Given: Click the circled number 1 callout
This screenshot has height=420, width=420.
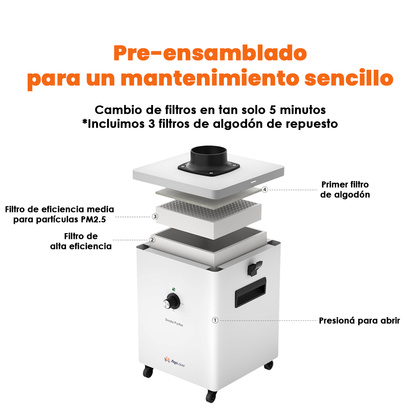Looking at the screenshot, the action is tap(215, 320).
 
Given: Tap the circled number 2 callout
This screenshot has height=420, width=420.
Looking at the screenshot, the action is tap(152, 240).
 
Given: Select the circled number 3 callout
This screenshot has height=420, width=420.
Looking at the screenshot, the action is tap(155, 216).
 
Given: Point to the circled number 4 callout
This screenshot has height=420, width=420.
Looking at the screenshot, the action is tap(265, 190).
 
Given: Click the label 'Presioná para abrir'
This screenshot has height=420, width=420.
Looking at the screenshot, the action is tap(359, 320).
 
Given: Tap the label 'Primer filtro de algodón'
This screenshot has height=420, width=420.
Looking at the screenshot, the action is tap(345, 189).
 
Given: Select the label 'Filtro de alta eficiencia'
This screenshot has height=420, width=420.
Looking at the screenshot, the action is tap(81, 241).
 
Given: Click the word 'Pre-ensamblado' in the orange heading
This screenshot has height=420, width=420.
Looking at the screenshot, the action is tap(210, 53).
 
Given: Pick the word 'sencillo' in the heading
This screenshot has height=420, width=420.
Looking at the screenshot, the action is tap(349, 78).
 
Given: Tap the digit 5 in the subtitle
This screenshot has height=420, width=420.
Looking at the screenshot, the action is tap(273, 110).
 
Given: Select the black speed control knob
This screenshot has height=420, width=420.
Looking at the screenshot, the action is tap(171, 302).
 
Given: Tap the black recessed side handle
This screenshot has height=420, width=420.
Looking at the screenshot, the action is tap(250, 292).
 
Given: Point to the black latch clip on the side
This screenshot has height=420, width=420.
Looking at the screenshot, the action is tap(254, 268).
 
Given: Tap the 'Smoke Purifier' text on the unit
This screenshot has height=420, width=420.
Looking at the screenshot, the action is tap(174, 322).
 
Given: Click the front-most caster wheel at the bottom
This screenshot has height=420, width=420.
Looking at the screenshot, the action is tap(211, 396).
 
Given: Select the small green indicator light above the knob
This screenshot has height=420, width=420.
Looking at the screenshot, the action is tap(173, 289).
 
